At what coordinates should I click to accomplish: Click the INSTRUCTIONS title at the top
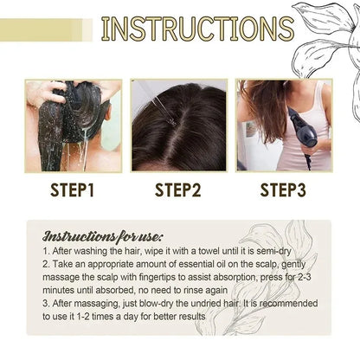pos(196,28)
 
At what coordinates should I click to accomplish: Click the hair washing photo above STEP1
pos(73,125)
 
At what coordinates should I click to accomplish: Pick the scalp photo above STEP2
pos(179,125)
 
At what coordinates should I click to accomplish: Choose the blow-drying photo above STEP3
pos(284,125)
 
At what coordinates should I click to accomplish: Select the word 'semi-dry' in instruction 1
pos(267,248)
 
